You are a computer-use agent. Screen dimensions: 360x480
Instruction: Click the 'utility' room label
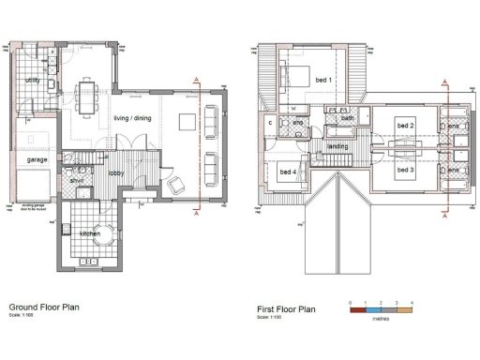pyautogui.click(x=32, y=82)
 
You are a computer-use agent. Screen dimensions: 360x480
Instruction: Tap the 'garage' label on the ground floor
pyautogui.click(x=37, y=160)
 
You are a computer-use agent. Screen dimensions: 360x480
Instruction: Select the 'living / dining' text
pyautogui.click(x=134, y=118)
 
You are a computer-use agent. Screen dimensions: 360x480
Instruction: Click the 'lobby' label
pyautogui.click(x=117, y=173)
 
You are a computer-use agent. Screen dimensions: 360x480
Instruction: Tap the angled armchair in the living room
pyautogui.click(x=173, y=183)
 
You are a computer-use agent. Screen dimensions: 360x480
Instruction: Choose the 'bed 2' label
pyautogui.click(x=405, y=125)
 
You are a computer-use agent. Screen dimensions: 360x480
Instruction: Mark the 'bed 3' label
pyautogui.click(x=405, y=171)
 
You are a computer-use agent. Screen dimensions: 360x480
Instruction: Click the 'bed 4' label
pyautogui.click(x=286, y=172)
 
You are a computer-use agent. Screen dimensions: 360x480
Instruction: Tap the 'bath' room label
pyautogui.click(x=347, y=119)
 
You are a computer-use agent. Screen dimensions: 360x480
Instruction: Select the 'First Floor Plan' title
pyautogui.click(x=286, y=307)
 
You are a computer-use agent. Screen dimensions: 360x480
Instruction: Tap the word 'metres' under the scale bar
pyautogui.click(x=381, y=319)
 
